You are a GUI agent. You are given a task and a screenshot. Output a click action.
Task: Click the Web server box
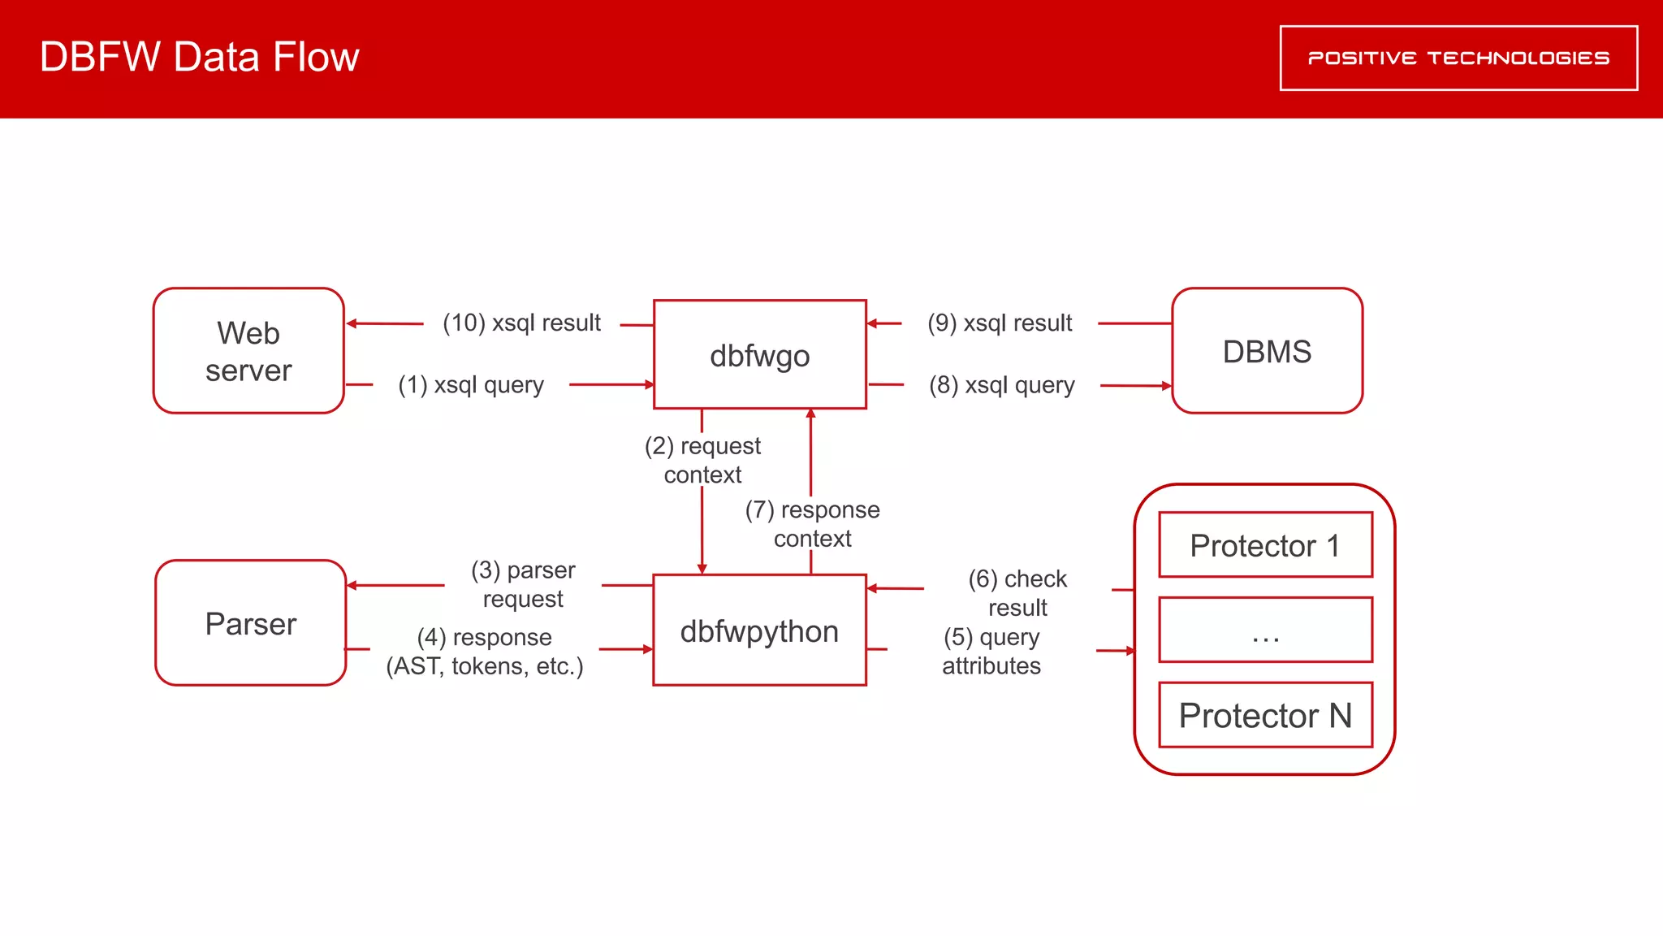[x=248, y=351]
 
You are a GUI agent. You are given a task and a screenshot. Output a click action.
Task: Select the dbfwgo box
[x=759, y=355]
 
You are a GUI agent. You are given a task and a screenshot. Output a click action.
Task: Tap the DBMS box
[x=1267, y=351]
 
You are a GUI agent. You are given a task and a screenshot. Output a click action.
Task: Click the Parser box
[x=250, y=623]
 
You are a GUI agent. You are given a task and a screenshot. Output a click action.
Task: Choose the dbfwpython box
[x=759, y=630]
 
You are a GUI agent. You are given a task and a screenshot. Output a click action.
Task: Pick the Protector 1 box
[x=1265, y=545]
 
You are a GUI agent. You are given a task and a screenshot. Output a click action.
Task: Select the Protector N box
[x=1265, y=715]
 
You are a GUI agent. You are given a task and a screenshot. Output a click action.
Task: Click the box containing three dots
[x=1265, y=630]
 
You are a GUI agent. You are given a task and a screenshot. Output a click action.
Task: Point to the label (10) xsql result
[x=521, y=323]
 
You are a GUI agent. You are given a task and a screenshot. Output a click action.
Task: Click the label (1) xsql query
[x=471, y=384]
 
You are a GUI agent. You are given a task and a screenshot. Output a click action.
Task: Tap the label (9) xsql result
[x=1000, y=323]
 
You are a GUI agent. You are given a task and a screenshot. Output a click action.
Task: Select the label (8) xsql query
[x=1001, y=384]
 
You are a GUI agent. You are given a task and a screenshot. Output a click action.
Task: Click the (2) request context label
[x=702, y=460]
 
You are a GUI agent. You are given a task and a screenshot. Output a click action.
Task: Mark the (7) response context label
[x=812, y=524]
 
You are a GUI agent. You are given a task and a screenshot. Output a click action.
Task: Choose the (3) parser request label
[x=523, y=584]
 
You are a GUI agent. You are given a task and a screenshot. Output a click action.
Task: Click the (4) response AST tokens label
[x=485, y=652]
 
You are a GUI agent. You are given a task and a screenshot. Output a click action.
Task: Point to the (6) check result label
[x=1017, y=593]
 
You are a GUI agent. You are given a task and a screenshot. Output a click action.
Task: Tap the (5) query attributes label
[x=991, y=652]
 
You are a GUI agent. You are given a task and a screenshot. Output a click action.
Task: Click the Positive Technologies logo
[x=1458, y=58]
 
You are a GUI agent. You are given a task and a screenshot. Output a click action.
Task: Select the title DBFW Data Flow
[x=200, y=57]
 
